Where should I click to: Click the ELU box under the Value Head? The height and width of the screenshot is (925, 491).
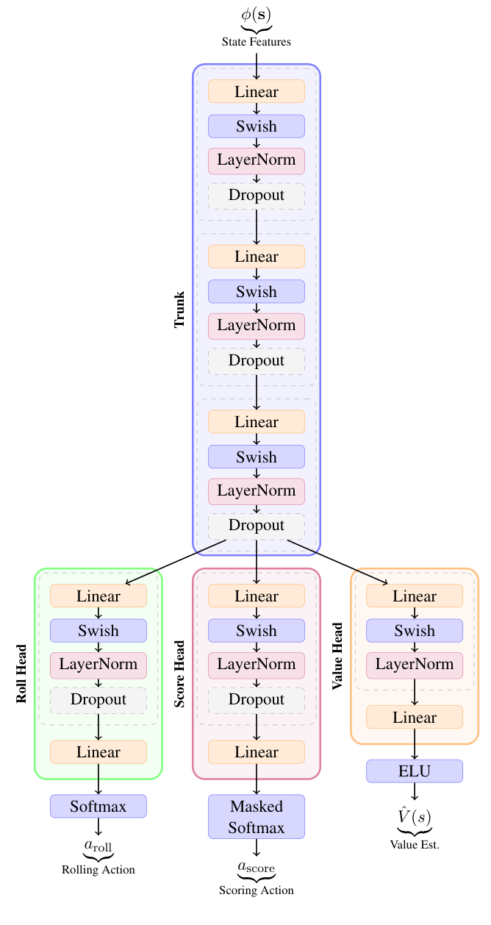click(x=415, y=771)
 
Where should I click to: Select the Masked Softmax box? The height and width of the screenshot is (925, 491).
click(x=256, y=816)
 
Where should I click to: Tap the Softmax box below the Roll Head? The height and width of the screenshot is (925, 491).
click(x=98, y=806)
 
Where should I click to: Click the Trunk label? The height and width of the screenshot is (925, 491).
click(x=179, y=310)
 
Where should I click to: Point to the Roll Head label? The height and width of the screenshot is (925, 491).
click(x=21, y=674)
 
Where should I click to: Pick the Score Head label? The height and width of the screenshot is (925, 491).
click(x=179, y=674)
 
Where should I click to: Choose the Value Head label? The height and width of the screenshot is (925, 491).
click(x=337, y=657)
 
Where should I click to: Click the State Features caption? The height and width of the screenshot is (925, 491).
click(x=256, y=42)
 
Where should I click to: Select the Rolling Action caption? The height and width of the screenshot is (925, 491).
click(x=98, y=870)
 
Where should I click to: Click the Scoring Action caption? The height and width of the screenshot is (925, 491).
click(x=256, y=890)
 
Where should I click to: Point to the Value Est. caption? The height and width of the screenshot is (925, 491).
click(x=415, y=844)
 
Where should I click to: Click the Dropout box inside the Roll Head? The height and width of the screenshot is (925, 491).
click(x=98, y=699)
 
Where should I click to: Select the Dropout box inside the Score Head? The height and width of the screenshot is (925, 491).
click(x=256, y=699)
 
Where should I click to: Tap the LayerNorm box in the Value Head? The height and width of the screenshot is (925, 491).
click(x=415, y=665)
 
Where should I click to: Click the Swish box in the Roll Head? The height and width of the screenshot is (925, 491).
click(x=98, y=631)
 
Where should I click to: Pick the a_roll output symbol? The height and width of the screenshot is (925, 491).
click(x=98, y=846)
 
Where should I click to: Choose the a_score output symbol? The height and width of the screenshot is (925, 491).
click(x=256, y=868)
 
